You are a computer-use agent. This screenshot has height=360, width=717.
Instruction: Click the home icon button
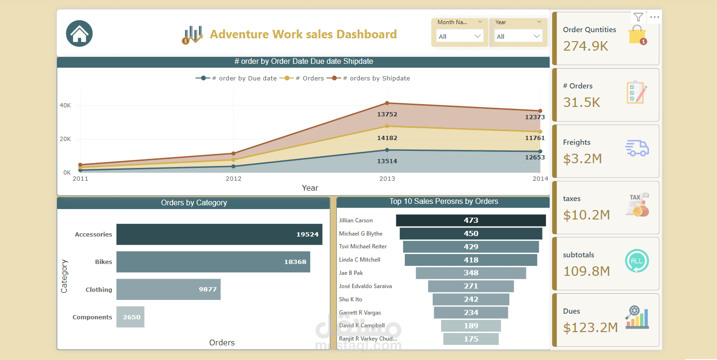point(79,33)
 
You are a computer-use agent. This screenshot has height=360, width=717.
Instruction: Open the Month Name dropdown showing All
point(459,36)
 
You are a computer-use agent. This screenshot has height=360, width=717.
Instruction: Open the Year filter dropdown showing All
point(518,36)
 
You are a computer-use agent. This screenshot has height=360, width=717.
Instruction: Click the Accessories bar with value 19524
point(219,234)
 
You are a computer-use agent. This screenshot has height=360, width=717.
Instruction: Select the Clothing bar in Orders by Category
point(168,289)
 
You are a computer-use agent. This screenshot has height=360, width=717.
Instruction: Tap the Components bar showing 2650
point(130,317)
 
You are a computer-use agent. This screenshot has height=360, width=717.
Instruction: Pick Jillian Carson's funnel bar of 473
point(471,220)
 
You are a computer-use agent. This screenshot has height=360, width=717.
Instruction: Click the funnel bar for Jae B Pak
point(471,273)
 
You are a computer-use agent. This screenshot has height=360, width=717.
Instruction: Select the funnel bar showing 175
point(471,339)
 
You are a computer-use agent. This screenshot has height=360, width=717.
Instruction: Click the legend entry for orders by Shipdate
point(368,78)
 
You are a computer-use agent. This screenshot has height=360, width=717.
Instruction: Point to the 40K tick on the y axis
point(65,105)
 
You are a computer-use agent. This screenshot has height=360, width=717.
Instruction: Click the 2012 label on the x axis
point(233,179)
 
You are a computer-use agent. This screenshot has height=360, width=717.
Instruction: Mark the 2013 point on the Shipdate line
point(387,103)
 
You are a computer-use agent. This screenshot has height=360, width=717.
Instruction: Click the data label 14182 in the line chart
point(387,138)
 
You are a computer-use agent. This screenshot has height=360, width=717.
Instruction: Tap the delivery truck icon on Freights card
point(637,148)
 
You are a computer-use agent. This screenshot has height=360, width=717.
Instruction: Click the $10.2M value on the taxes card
point(586,215)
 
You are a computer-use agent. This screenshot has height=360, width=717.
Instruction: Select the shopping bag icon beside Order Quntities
point(637,35)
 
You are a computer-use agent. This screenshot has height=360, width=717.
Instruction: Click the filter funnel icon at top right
point(638,17)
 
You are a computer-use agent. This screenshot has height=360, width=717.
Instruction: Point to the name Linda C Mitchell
point(359,260)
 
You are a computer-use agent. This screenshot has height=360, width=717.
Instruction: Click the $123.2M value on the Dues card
point(590,328)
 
